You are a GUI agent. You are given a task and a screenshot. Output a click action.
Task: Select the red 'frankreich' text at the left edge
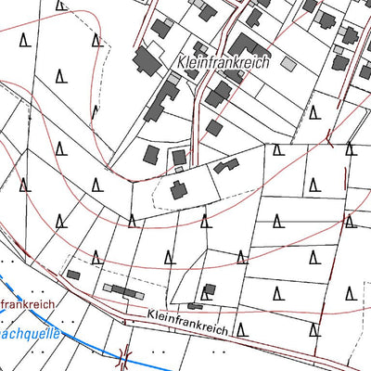28,303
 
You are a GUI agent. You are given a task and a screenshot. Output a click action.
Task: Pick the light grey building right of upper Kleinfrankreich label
288,64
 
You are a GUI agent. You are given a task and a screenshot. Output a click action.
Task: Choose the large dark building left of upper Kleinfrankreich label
147,63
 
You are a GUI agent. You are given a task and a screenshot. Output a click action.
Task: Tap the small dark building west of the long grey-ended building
73,275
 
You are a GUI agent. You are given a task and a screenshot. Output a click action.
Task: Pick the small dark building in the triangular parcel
209,290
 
